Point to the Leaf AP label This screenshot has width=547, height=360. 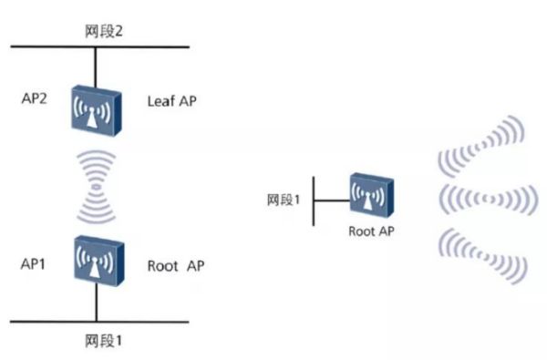(171, 101)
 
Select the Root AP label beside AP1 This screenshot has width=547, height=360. (175, 266)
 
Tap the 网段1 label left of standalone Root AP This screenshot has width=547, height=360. (284, 200)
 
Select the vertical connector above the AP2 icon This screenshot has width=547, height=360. (95, 67)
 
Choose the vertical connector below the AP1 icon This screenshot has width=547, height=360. (96, 302)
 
